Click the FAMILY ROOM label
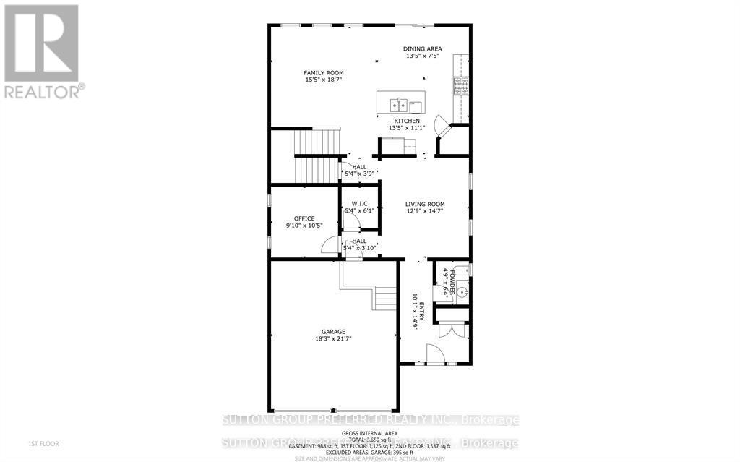point(323,73)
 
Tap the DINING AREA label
point(423,49)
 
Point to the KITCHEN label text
point(406,121)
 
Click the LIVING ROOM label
point(424,204)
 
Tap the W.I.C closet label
point(359,204)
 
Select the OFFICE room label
point(304,218)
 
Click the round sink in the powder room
point(462,293)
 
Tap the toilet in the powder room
point(465,270)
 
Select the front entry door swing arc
point(434,354)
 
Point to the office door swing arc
point(329,245)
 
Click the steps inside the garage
point(385,297)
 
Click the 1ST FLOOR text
point(44,443)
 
